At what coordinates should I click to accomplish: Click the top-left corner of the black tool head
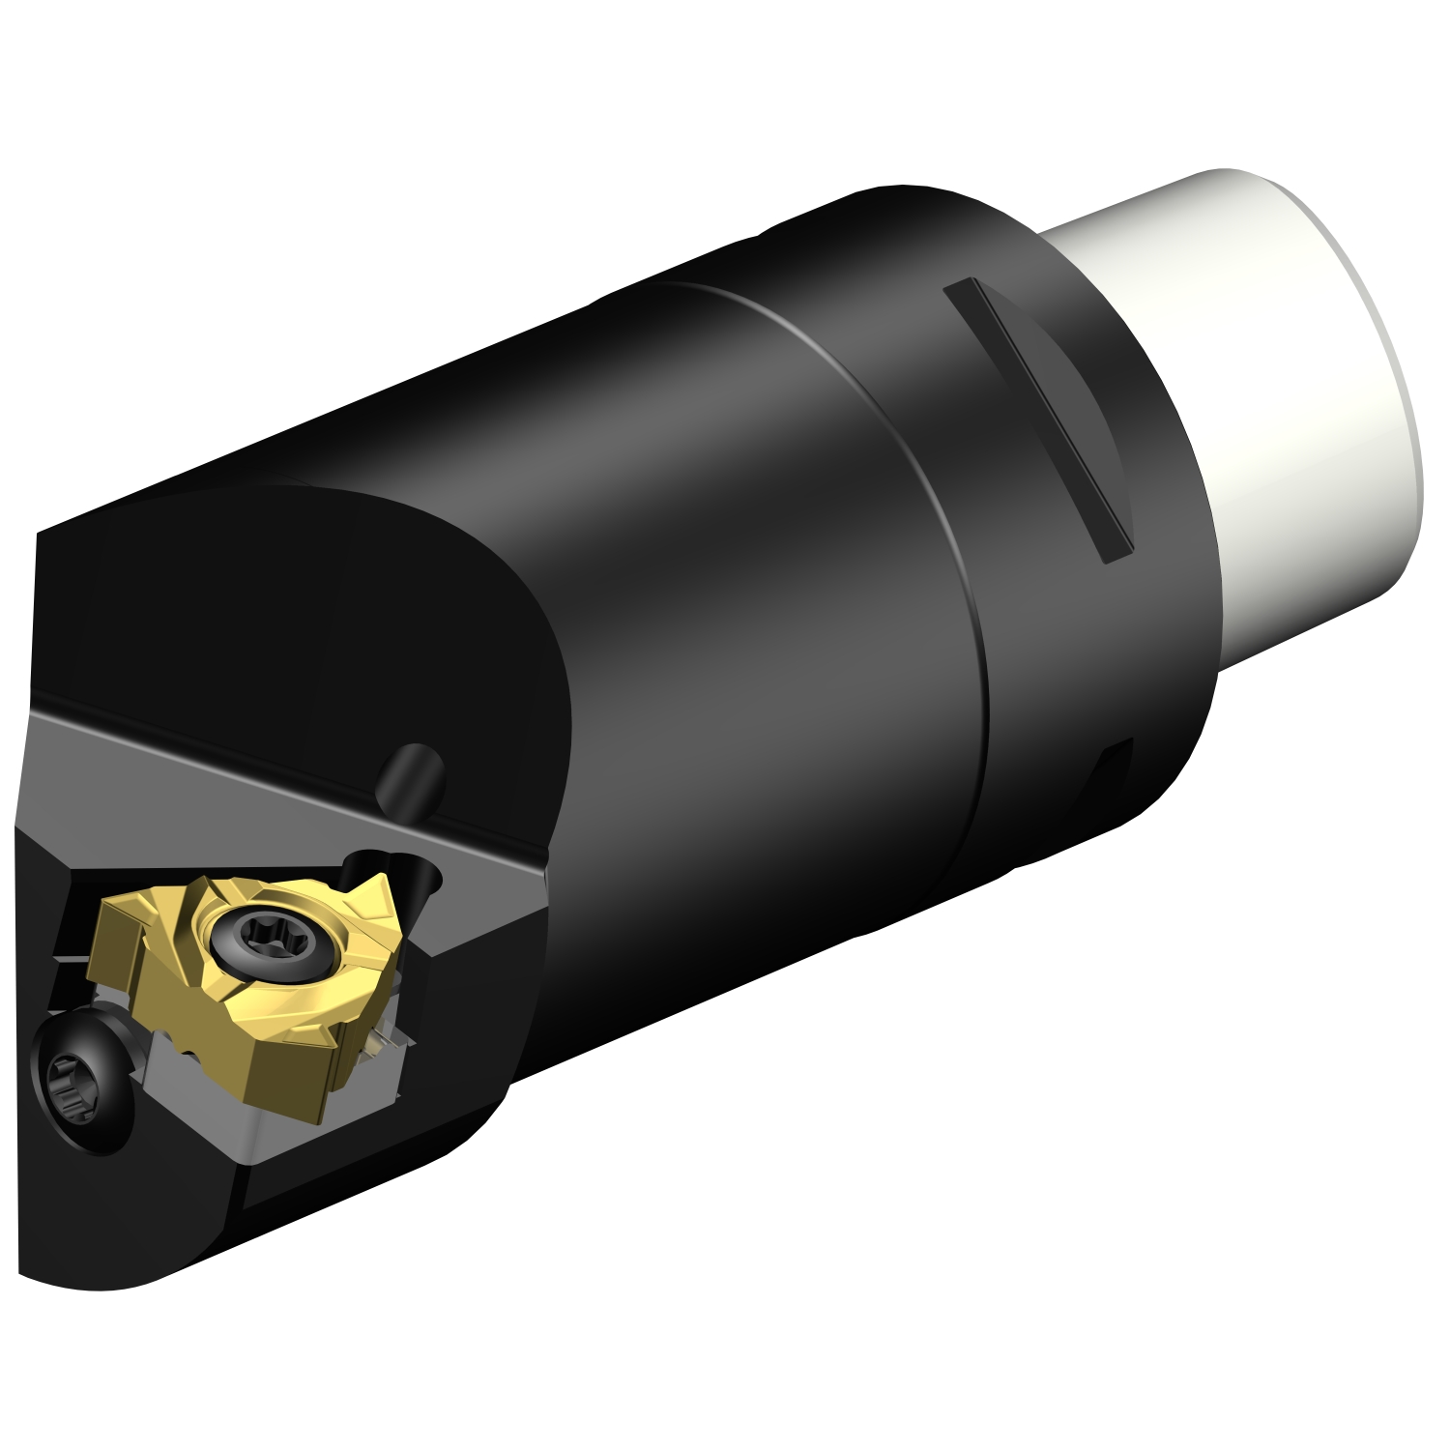coord(43,541)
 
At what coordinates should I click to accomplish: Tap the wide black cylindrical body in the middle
coord(725,628)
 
